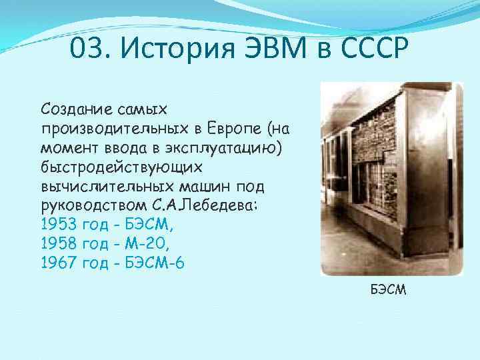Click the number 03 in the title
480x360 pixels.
pyautogui.click(x=85, y=49)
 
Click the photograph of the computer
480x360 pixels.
pyautogui.click(x=391, y=179)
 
